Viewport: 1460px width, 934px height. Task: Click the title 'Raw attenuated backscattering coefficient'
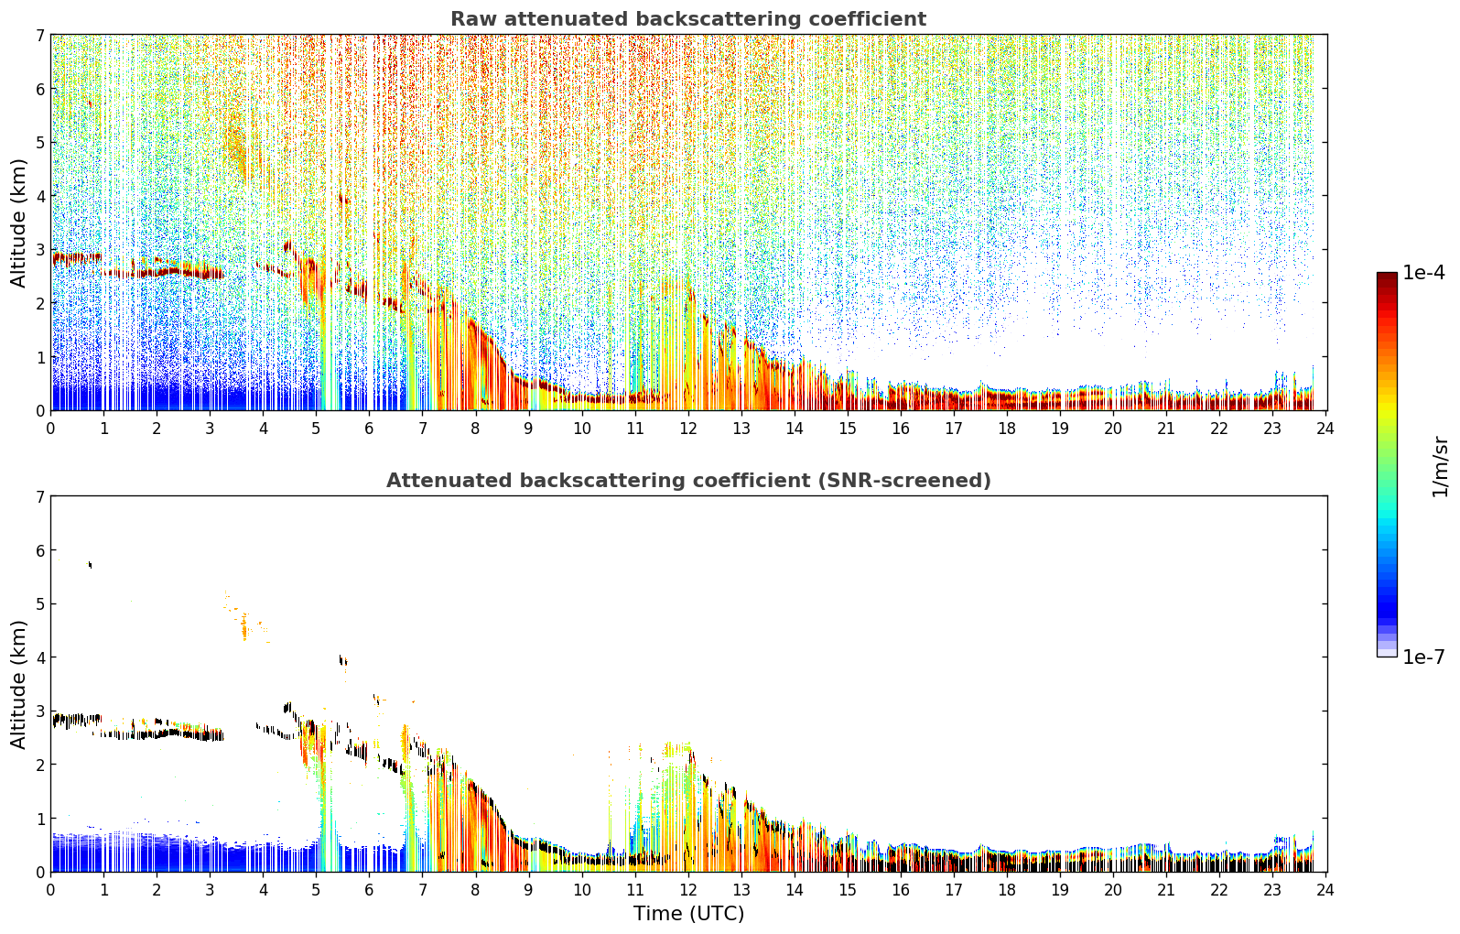point(688,19)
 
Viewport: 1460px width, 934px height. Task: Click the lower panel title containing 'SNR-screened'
point(688,481)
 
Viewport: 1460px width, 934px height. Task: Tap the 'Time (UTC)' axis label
point(688,913)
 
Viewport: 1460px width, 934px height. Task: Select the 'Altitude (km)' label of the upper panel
point(18,223)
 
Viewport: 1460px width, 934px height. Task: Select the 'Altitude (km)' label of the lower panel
point(18,684)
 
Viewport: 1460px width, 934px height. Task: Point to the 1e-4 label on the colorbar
point(1423,273)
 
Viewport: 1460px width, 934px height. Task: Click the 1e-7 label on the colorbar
point(1423,657)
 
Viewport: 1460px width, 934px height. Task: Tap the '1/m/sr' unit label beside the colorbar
point(1440,467)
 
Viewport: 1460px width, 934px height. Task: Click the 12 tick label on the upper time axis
point(688,429)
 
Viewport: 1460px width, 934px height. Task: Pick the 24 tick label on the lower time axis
point(1325,890)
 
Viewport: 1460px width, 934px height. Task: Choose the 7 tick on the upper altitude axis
point(40,35)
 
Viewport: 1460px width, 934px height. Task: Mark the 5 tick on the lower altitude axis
point(40,604)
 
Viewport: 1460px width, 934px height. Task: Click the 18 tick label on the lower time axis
point(1007,890)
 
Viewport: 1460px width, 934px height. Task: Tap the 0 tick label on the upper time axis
point(51,429)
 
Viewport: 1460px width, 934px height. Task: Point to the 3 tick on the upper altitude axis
point(40,250)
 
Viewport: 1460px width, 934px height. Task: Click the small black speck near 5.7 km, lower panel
point(90,564)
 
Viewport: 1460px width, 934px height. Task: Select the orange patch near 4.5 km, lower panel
point(244,627)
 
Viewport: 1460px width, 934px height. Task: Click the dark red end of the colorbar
point(1387,277)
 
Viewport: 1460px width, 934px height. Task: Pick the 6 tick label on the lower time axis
point(370,890)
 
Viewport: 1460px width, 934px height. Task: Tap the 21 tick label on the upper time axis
point(1166,429)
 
